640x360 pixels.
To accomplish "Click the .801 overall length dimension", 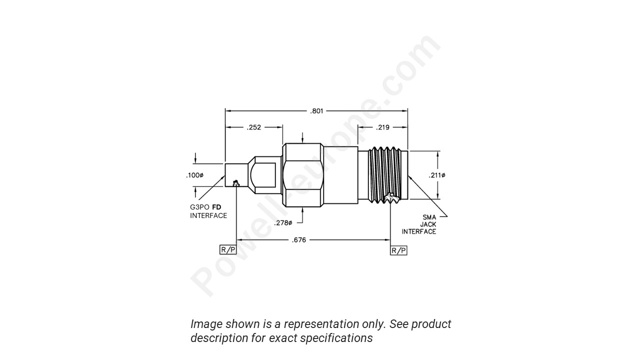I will pyautogui.click(x=316, y=111).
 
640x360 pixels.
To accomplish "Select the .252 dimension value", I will pyautogui.click(x=254, y=127).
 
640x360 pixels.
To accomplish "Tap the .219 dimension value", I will pyautogui.click(x=383, y=127).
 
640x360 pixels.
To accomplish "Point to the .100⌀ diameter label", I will pyautogui.click(x=195, y=175).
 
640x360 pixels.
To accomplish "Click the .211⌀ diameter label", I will pyautogui.click(x=436, y=175).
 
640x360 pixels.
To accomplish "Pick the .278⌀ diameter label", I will pyautogui.click(x=283, y=222).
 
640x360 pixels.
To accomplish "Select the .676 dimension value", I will pyautogui.click(x=299, y=240).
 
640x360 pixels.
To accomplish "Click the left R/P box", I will pyautogui.click(x=228, y=250).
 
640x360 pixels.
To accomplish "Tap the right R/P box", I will pyautogui.click(x=398, y=250).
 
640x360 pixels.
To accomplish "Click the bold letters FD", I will pyautogui.click(x=217, y=207).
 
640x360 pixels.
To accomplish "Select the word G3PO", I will pyautogui.click(x=200, y=207).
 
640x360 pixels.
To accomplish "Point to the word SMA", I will pyautogui.click(x=429, y=217).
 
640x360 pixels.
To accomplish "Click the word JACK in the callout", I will pyautogui.click(x=427, y=224).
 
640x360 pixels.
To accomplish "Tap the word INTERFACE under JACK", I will pyautogui.click(x=419, y=231).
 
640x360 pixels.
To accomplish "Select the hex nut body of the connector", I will pyautogui.click(x=302, y=175).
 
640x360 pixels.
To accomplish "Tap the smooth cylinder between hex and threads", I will pyautogui.click(x=340, y=175).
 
